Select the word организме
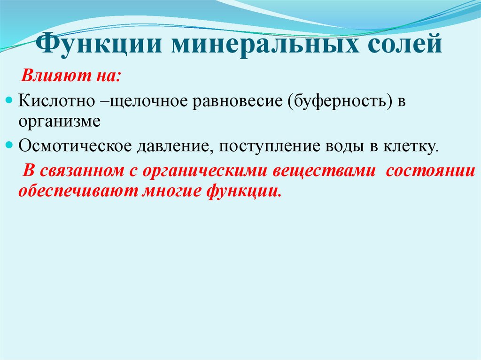60,122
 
